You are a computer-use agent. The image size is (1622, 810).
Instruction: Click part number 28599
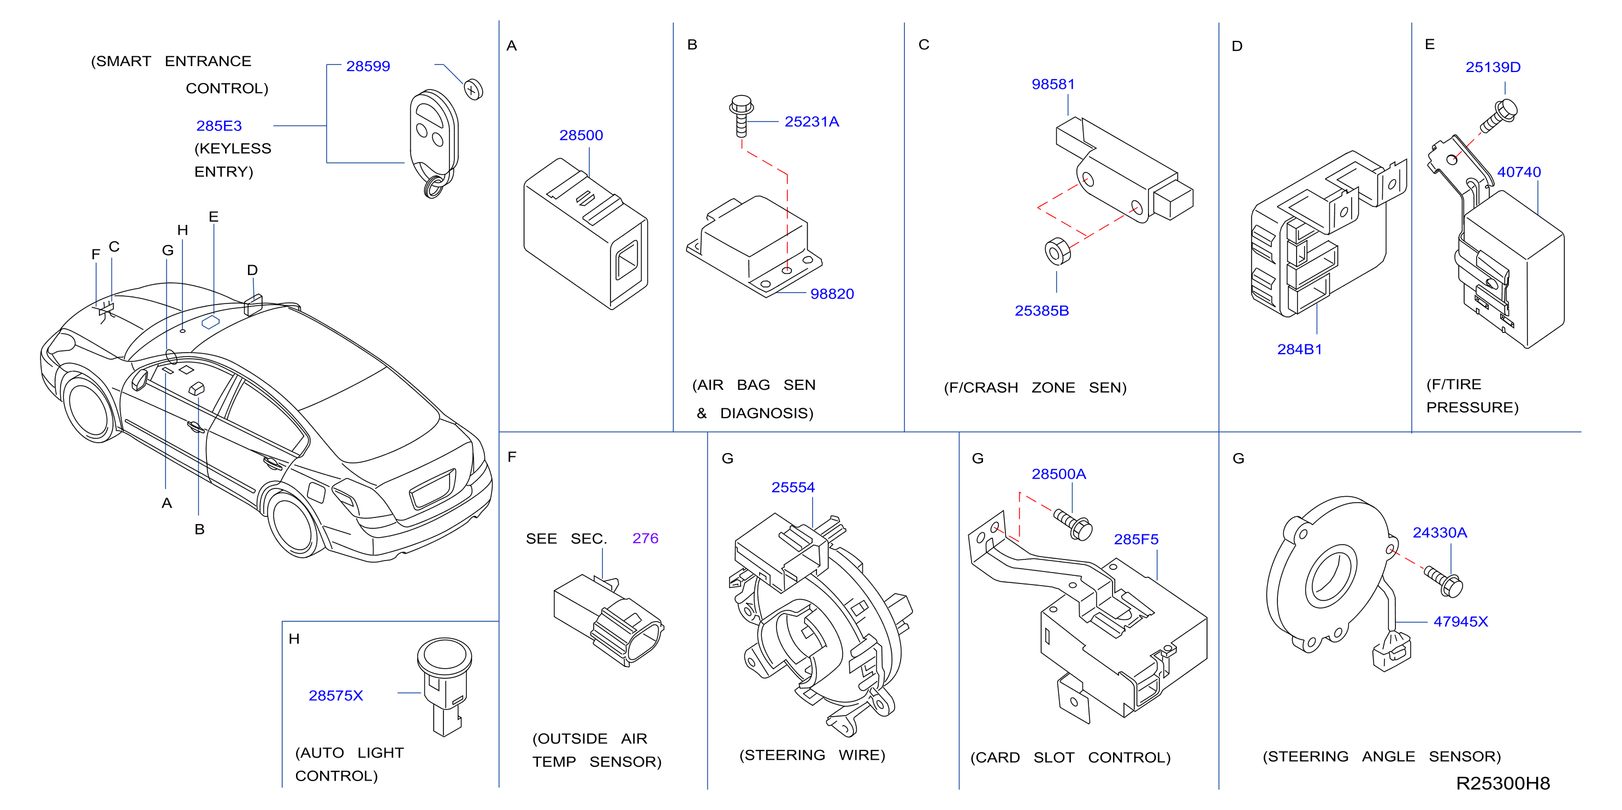[368, 66]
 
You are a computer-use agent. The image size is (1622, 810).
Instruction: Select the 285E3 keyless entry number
[218, 126]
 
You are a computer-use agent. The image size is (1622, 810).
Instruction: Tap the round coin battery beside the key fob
[473, 90]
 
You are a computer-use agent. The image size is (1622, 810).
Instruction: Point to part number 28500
[581, 135]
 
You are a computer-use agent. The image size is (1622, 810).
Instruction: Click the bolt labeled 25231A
[741, 116]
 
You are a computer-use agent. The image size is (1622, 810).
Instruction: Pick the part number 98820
[832, 294]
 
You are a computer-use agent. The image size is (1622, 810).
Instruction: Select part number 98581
[1053, 85]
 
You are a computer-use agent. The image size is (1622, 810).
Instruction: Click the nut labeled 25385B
[1057, 251]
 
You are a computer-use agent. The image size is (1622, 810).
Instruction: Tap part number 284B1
[1299, 349]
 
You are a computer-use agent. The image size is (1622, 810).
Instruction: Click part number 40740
[1519, 172]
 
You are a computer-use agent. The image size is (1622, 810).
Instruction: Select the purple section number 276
[645, 538]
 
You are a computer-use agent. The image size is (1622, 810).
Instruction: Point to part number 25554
[793, 487]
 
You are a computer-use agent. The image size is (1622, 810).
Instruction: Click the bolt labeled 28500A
[1073, 525]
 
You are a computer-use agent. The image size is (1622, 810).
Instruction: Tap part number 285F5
[1136, 539]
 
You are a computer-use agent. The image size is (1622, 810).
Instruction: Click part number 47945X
[1460, 622]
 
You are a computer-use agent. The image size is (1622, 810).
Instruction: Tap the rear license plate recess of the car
[433, 488]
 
